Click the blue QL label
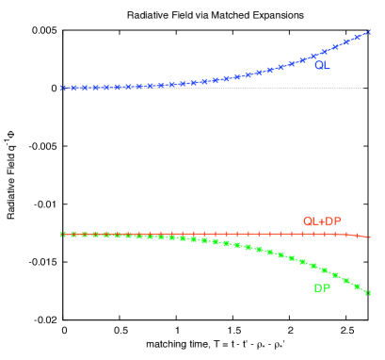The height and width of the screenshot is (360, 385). pyautogui.click(x=322, y=66)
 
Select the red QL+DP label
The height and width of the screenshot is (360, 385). pyautogui.click(x=322, y=221)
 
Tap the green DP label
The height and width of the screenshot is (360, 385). pyautogui.click(x=322, y=288)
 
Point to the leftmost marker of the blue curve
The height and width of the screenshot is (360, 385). pyautogui.click(x=63, y=89)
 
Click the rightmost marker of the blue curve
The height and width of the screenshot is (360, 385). pyautogui.click(x=368, y=33)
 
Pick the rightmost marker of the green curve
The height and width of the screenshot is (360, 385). pyautogui.click(x=367, y=293)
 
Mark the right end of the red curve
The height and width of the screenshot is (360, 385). pyautogui.click(x=369, y=237)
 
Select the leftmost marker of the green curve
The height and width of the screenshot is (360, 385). pyautogui.click(x=63, y=234)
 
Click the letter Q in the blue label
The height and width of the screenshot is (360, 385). pyautogui.click(x=318, y=66)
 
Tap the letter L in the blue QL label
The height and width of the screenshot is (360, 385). pyautogui.click(x=327, y=66)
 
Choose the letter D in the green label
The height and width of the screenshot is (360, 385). pyautogui.click(x=318, y=288)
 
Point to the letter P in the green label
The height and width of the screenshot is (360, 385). pyautogui.click(x=327, y=288)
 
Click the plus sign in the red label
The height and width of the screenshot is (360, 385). pyautogui.click(x=321, y=221)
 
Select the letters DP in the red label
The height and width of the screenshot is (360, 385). pyautogui.click(x=332, y=221)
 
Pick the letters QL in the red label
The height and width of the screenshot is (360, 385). pyautogui.click(x=311, y=221)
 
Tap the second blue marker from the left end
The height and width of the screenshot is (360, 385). pyautogui.click(x=73, y=89)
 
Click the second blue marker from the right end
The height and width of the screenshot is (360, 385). pyautogui.click(x=358, y=38)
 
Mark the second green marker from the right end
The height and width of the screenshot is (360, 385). pyautogui.click(x=357, y=286)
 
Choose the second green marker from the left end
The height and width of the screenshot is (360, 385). pyautogui.click(x=73, y=234)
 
